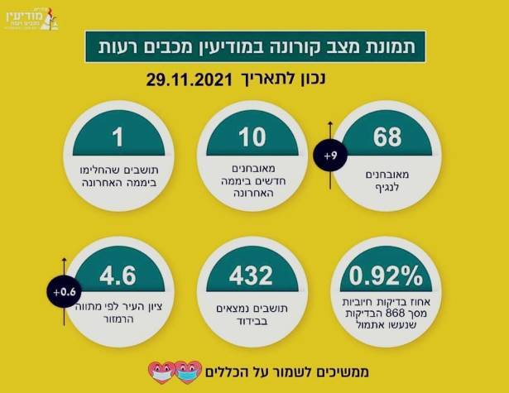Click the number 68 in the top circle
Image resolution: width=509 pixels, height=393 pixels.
(387, 137)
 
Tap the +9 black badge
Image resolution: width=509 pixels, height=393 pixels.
(330, 156)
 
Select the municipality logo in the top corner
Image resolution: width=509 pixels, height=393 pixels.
(41, 17)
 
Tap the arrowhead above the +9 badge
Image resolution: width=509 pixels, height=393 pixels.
(330, 122)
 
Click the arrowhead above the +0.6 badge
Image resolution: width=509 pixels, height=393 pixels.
(63, 258)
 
